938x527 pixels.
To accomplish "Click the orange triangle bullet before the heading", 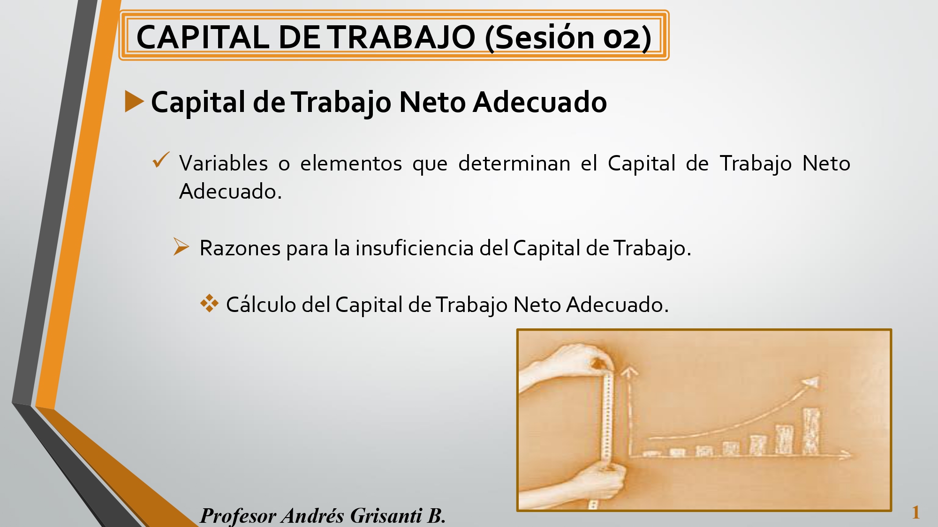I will [x=134, y=101].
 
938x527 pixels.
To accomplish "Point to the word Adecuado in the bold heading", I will [x=539, y=102].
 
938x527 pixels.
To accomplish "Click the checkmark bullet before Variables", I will [x=161, y=160].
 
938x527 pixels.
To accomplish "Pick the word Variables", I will [x=223, y=163].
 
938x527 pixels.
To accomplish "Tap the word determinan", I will [x=514, y=163].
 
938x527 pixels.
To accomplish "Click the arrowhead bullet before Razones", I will [x=181, y=246].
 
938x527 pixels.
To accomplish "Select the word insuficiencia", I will [x=414, y=248].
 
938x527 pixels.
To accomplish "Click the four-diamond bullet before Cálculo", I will [x=209, y=304].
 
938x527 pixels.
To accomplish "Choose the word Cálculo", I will [x=261, y=304].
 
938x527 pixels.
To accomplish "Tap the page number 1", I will [x=915, y=512].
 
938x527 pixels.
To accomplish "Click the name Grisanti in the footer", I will [x=386, y=515].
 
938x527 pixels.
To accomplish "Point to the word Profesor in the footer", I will [x=238, y=516].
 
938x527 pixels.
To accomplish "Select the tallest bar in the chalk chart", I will [x=811, y=431].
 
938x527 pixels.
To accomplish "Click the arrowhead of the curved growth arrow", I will [x=811, y=383].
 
